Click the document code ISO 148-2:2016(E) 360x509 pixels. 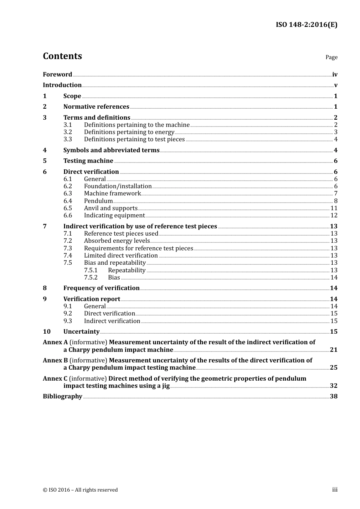tap(306, 25)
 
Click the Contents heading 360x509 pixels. tap(62, 56)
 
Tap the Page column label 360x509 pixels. tap(331, 57)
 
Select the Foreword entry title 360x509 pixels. tap(57, 75)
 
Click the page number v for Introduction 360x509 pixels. tap(335, 85)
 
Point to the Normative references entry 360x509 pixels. tap(96, 107)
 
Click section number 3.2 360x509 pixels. tap(67, 132)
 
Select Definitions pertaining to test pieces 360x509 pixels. tap(134, 139)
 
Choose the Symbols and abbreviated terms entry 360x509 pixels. tap(111, 150)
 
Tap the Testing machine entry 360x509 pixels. tap(88, 161)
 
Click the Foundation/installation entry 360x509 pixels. tap(118, 186)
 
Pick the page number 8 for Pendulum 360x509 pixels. tap(335, 201)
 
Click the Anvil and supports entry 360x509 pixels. tap(111, 208)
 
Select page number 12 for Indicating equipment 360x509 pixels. tap(334, 215)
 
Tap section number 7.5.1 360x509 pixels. tap(91, 270)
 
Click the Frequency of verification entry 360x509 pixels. tap(102, 288)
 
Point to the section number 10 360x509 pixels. tap(47, 332)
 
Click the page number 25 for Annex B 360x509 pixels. tap(333, 368)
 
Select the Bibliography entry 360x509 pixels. tap(63, 397)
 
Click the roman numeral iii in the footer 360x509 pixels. tap(335, 490)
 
